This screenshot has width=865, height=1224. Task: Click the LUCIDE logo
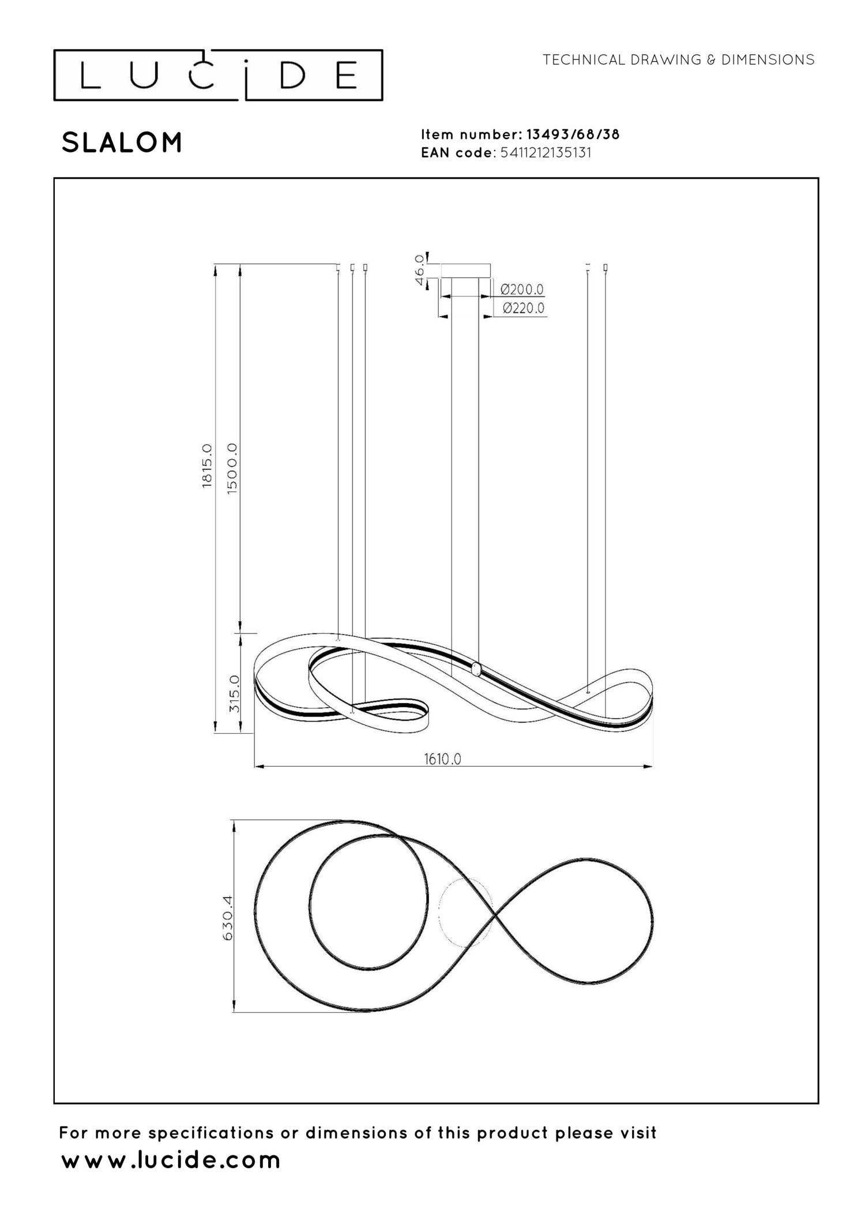pos(218,76)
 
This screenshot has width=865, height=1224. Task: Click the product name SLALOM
pos(122,142)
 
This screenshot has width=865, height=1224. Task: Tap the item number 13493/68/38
pos(573,134)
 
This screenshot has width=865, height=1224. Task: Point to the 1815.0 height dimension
pos(207,465)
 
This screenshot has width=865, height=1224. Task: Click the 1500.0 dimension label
pos(232,468)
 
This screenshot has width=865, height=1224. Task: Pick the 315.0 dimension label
pos(234,693)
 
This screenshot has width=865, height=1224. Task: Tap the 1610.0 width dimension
pos(443,759)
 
